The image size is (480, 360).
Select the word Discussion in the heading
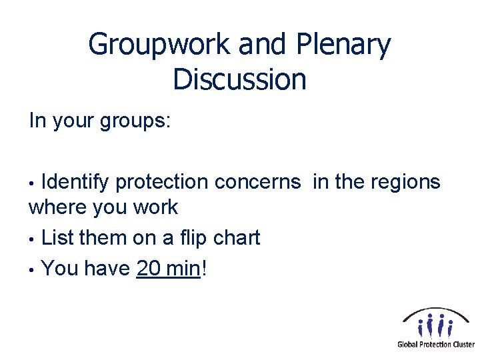pos(239,79)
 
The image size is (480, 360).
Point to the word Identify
pos(80,181)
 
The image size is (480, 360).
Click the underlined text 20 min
pos(168,268)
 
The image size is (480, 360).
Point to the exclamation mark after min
pos(203,268)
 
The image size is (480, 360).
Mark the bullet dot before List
pos(32,239)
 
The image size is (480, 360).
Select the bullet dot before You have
pos(32,269)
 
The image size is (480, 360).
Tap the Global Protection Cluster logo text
pos(436,345)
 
